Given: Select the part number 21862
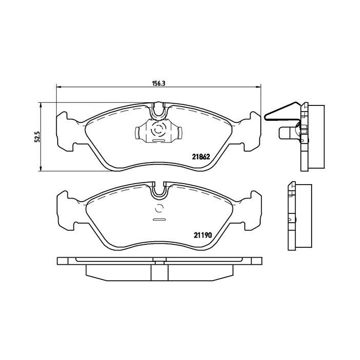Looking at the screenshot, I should click(x=202, y=157).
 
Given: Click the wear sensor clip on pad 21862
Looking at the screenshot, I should click(x=159, y=132).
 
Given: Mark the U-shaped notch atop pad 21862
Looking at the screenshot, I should click(x=159, y=109).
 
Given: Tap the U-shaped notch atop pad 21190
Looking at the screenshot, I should click(x=159, y=190).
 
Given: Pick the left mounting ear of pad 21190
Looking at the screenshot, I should click(x=64, y=211).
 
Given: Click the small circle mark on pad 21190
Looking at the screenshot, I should click(x=159, y=208).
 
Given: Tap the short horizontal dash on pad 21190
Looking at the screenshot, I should click(x=159, y=220).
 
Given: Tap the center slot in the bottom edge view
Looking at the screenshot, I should click(x=159, y=263).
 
